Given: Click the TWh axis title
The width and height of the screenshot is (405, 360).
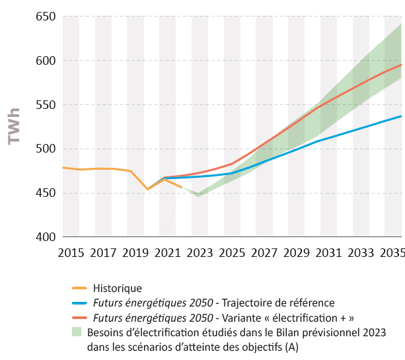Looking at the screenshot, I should (14, 126).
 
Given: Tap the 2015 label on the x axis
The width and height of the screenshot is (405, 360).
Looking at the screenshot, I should (71, 253).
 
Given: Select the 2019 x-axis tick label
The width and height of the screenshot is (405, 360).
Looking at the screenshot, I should (135, 253).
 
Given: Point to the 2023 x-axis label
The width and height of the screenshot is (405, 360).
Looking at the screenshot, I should (200, 253).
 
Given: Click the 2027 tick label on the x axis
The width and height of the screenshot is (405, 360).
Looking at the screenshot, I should (264, 253).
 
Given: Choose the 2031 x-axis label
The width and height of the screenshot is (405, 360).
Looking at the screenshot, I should (328, 253).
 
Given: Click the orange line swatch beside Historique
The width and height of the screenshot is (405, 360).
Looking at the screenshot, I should (79, 288).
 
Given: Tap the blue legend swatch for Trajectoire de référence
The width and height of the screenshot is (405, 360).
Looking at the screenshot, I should (79, 303).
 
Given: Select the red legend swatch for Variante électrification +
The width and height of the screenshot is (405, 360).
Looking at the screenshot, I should (79, 318).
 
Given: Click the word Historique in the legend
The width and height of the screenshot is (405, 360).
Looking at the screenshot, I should (118, 288).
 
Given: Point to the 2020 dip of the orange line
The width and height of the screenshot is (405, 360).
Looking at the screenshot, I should (147, 190).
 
